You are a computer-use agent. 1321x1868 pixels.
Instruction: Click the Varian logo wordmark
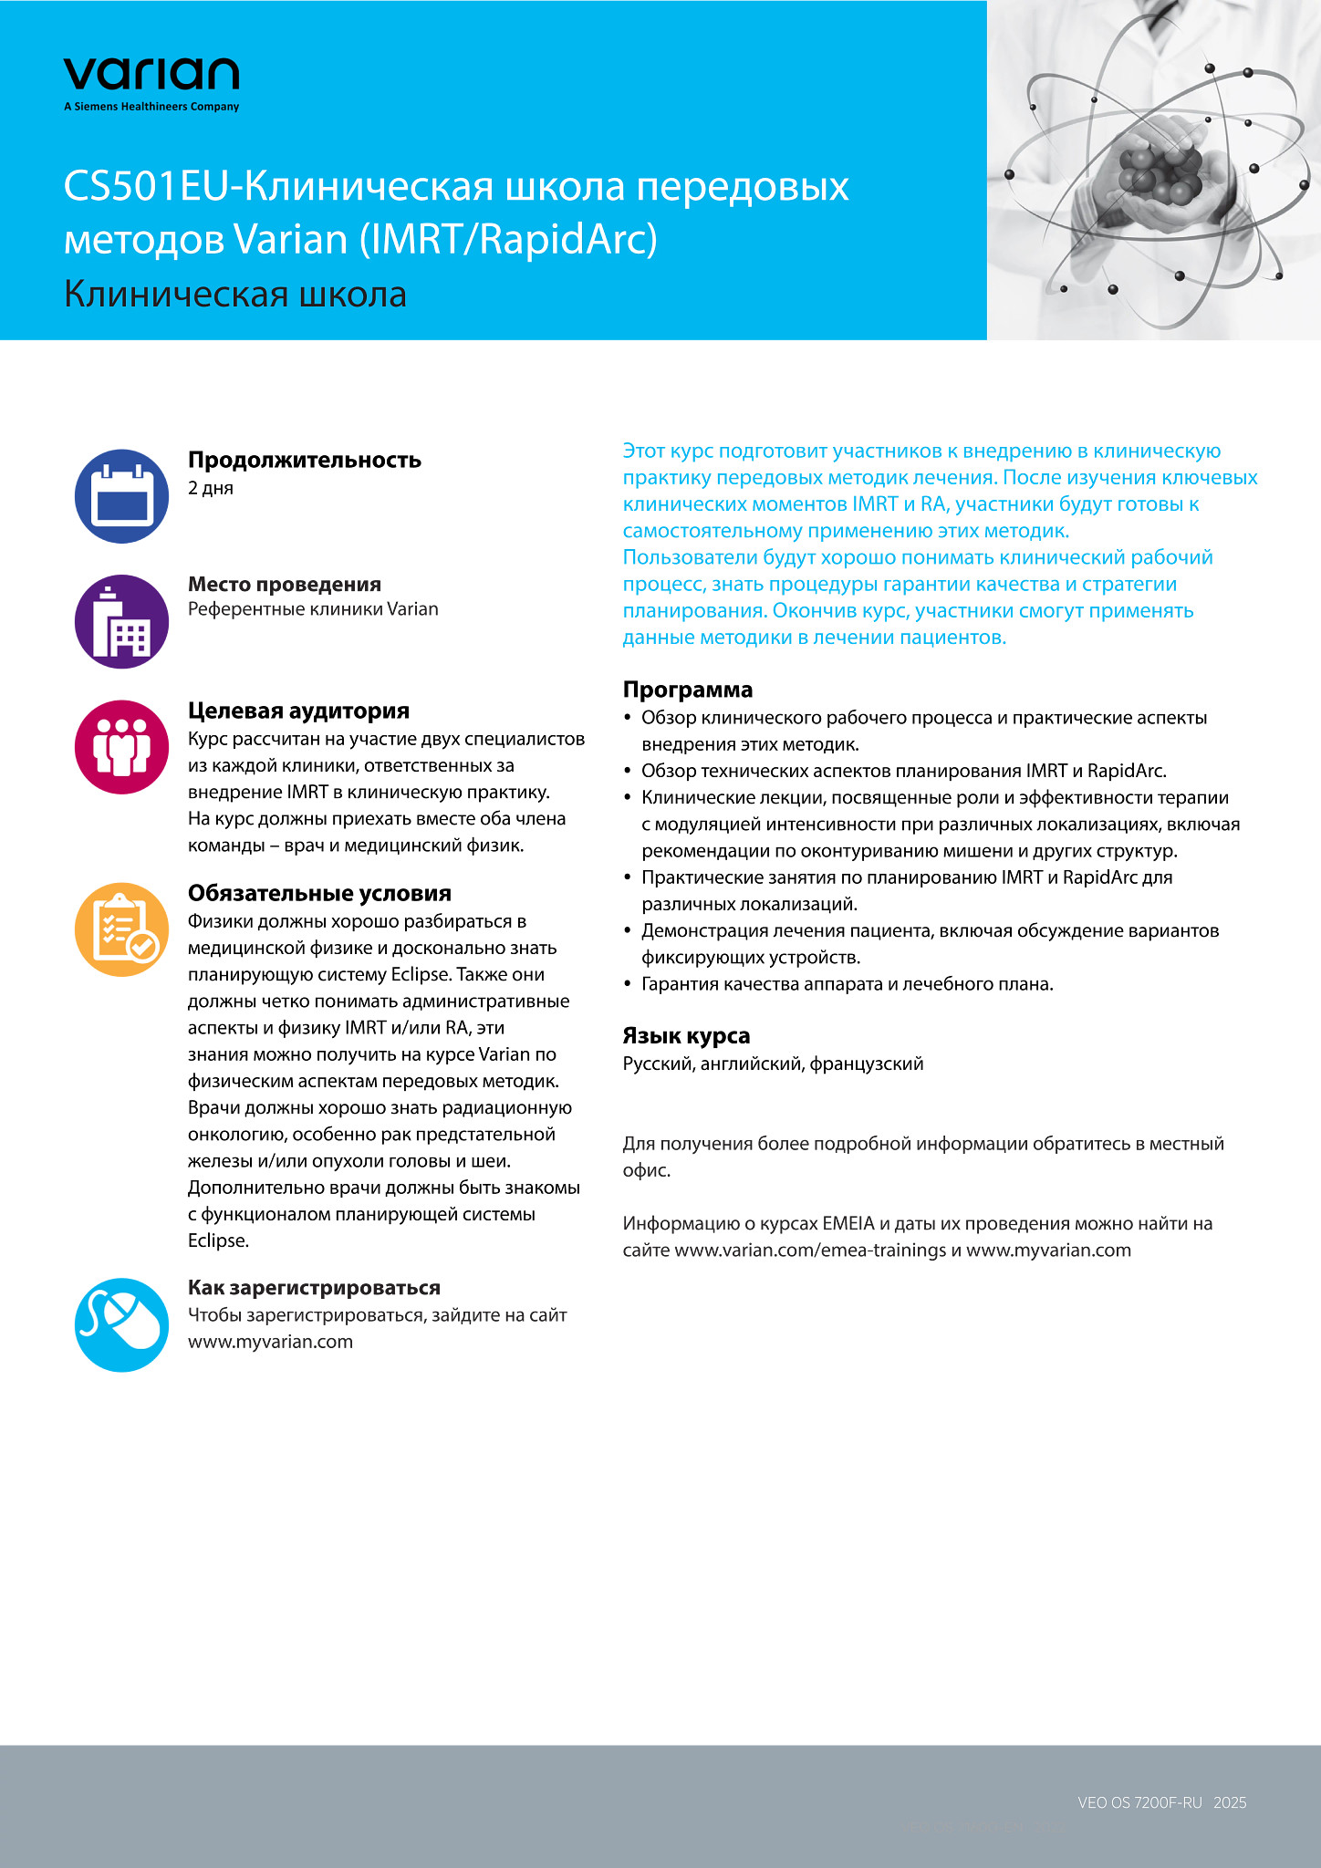[151, 74]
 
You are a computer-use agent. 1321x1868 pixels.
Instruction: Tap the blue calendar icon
[121, 496]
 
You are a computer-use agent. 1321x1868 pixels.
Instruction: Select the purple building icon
[121, 622]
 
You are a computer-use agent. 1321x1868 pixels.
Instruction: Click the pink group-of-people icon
[121, 747]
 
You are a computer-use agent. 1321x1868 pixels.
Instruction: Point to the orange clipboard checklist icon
[121, 929]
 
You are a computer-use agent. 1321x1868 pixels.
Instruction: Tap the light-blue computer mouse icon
[121, 1324]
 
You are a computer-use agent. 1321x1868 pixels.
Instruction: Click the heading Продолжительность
[305, 460]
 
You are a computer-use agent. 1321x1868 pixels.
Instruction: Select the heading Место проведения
[285, 584]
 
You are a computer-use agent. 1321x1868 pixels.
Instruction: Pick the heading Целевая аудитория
[298, 711]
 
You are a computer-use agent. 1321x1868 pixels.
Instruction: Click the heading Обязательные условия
[319, 893]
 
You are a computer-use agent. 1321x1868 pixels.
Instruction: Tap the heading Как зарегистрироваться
[314, 1288]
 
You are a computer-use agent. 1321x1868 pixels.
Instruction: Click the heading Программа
[688, 690]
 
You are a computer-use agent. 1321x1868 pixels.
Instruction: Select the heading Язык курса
[686, 1035]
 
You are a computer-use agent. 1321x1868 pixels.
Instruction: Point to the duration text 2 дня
[211, 488]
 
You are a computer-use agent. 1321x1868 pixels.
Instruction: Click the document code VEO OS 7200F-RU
[1139, 1802]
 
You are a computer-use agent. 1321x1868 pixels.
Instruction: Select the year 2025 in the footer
[1230, 1802]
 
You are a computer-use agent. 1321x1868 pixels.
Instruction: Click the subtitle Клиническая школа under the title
[235, 295]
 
